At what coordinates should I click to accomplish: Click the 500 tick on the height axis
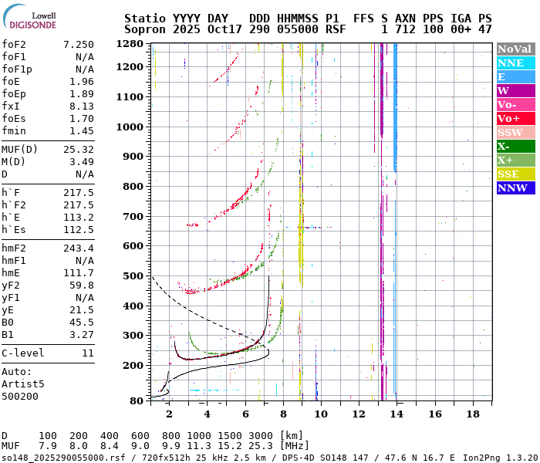135,275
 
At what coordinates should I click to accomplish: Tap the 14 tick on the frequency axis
397,414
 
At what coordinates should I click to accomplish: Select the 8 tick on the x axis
282,414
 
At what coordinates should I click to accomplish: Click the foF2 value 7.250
79,45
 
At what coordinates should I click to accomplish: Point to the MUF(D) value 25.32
79,149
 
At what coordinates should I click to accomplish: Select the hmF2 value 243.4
79,248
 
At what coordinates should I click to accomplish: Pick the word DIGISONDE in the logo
32,25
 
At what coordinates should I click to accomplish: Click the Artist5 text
23,384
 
